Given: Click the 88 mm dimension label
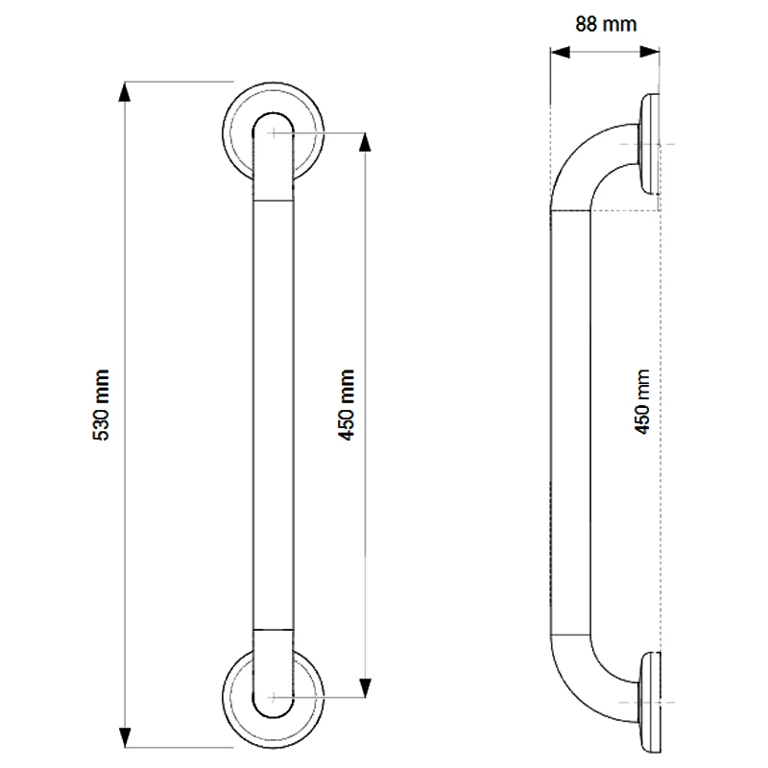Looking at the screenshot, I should [605, 24].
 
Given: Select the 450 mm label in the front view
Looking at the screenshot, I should [348, 405].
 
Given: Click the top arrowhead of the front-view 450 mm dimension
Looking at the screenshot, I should [364, 140].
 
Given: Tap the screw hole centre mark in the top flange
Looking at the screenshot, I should [276, 132].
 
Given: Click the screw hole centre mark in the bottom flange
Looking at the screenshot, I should [276, 696].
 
